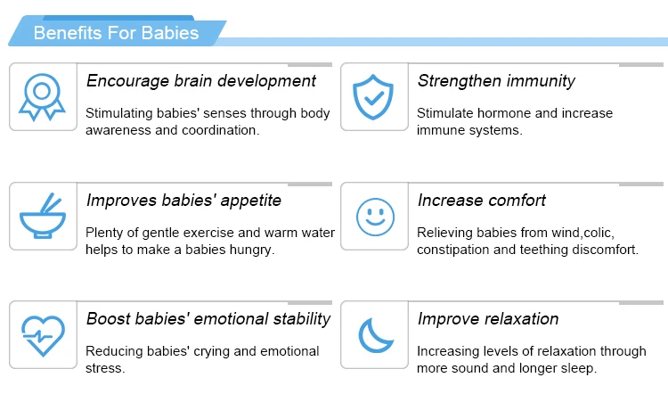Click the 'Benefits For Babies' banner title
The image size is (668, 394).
click(x=116, y=34)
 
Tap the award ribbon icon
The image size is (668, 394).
click(x=42, y=96)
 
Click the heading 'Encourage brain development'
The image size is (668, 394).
click(x=200, y=81)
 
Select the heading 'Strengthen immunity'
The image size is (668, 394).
click(x=496, y=81)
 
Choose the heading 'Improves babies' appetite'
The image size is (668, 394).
click(x=183, y=200)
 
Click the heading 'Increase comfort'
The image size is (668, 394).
click(x=482, y=200)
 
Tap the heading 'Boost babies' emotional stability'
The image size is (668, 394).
click(x=208, y=319)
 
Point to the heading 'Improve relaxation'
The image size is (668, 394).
click(x=488, y=319)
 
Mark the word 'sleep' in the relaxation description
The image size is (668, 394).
click(x=575, y=368)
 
